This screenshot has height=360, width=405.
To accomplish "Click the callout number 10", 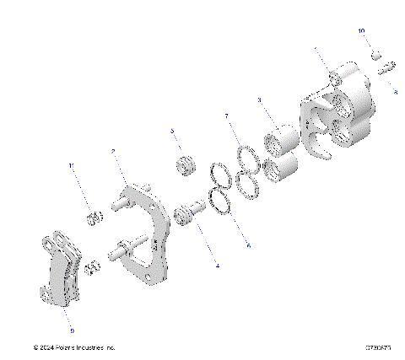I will point(361,30).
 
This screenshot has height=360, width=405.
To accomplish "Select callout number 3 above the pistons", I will point(260,100).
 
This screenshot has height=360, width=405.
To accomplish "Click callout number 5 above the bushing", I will point(172,132).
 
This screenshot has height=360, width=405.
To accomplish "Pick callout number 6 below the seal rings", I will point(248,245).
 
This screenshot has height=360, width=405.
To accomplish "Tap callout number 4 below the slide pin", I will point(217,266).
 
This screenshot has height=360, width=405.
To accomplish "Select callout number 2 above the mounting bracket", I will point(113,152).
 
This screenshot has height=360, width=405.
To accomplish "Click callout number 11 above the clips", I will point(71,166).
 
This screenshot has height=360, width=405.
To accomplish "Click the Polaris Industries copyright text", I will point(73,347).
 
